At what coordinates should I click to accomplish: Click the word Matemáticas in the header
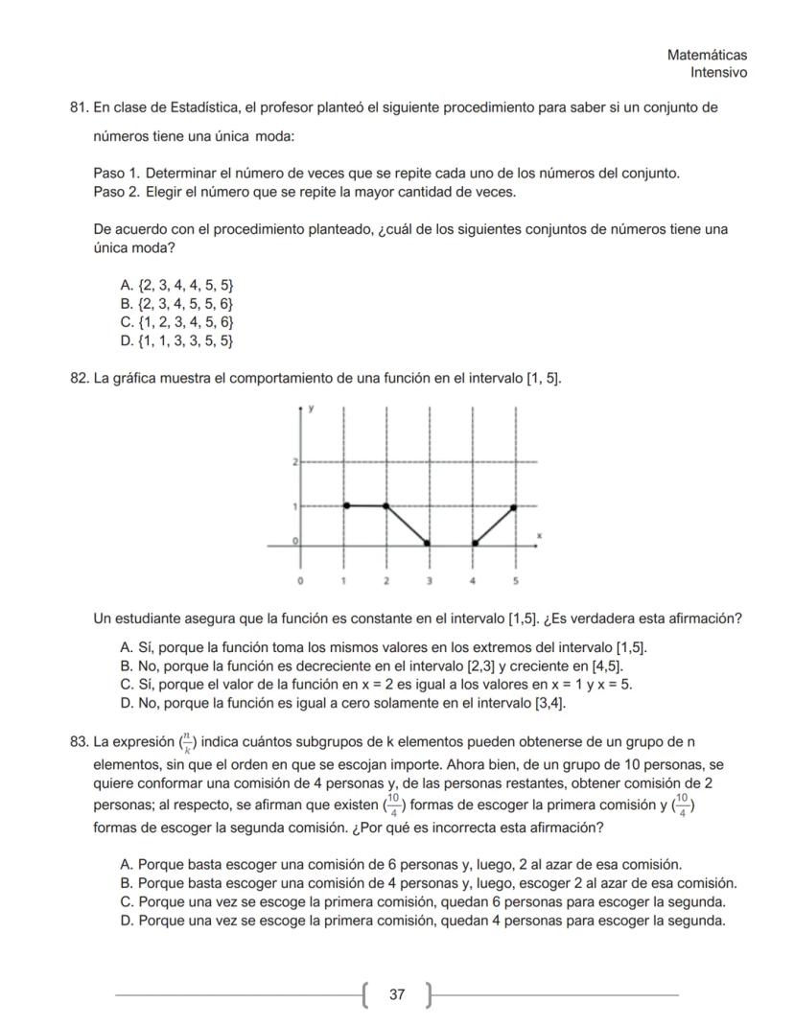point(707,56)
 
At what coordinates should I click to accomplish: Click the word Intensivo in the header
point(718,73)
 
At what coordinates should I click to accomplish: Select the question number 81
point(80,107)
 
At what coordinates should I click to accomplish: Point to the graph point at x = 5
point(516,505)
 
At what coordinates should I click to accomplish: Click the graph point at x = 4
point(474,544)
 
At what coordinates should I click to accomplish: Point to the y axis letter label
point(311,409)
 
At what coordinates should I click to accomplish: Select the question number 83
point(80,741)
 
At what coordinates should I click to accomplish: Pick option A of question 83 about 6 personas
point(400,864)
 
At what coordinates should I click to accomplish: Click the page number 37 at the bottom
point(396,994)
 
